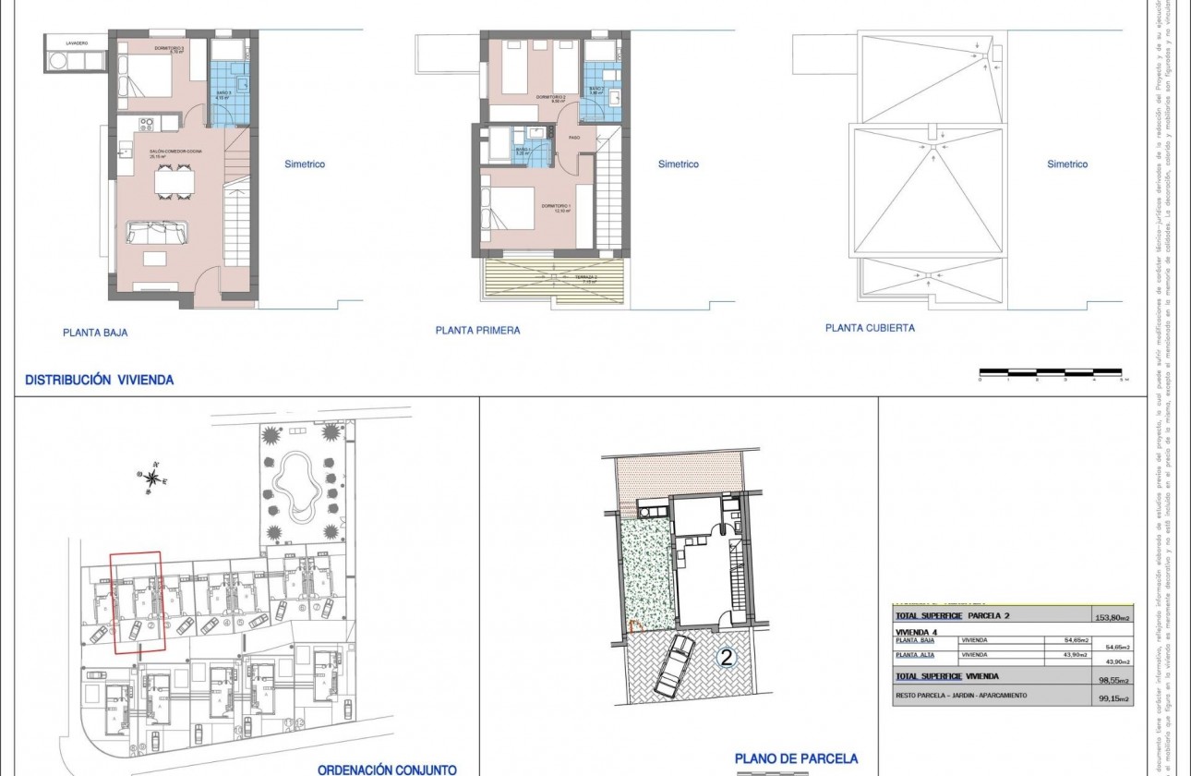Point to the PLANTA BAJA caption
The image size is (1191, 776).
coord(95,333)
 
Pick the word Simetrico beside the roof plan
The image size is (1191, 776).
coord(1067,164)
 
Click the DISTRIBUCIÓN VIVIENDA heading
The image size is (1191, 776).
coord(99,380)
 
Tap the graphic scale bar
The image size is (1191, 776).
coord(1052,372)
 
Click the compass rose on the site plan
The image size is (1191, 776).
coord(151,477)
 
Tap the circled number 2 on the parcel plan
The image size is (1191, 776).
coord(728,659)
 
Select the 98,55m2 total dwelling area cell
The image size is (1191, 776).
coord(1108,680)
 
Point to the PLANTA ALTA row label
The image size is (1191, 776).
coord(914,655)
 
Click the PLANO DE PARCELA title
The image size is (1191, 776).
coord(796,759)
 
